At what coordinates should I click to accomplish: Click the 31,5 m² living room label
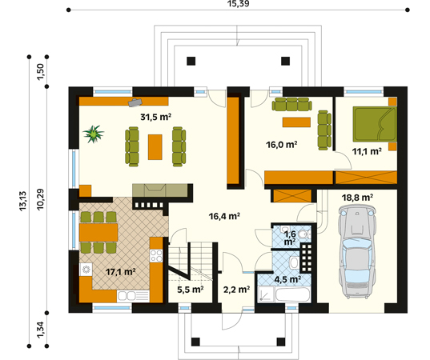click(x=156, y=117)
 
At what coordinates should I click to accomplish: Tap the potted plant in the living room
click(x=94, y=134)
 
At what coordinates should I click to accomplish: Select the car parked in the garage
click(x=356, y=252)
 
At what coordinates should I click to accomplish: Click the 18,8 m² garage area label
click(x=357, y=198)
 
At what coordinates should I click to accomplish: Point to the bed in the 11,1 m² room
click(x=375, y=124)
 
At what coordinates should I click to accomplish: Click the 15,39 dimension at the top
click(x=239, y=3)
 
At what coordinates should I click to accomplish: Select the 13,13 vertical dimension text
click(x=22, y=201)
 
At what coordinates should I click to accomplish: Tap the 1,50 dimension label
click(x=40, y=72)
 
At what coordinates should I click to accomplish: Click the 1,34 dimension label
click(x=40, y=330)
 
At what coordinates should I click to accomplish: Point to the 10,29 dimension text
click(x=40, y=199)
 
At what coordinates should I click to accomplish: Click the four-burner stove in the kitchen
click(x=156, y=256)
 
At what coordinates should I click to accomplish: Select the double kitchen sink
click(x=133, y=296)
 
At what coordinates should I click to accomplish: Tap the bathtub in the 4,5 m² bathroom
click(x=293, y=294)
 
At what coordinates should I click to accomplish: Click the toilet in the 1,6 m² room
click(x=304, y=234)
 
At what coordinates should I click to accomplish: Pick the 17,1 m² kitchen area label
click(x=121, y=272)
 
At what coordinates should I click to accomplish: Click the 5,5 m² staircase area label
click(x=191, y=290)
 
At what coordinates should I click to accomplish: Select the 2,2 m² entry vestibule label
click(x=236, y=290)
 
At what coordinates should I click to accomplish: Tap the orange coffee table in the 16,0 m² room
click(x=296, y=122)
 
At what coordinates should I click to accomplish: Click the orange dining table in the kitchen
click(x=98, y=232)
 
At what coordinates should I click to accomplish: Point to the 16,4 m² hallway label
click(x=224, y=217)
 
